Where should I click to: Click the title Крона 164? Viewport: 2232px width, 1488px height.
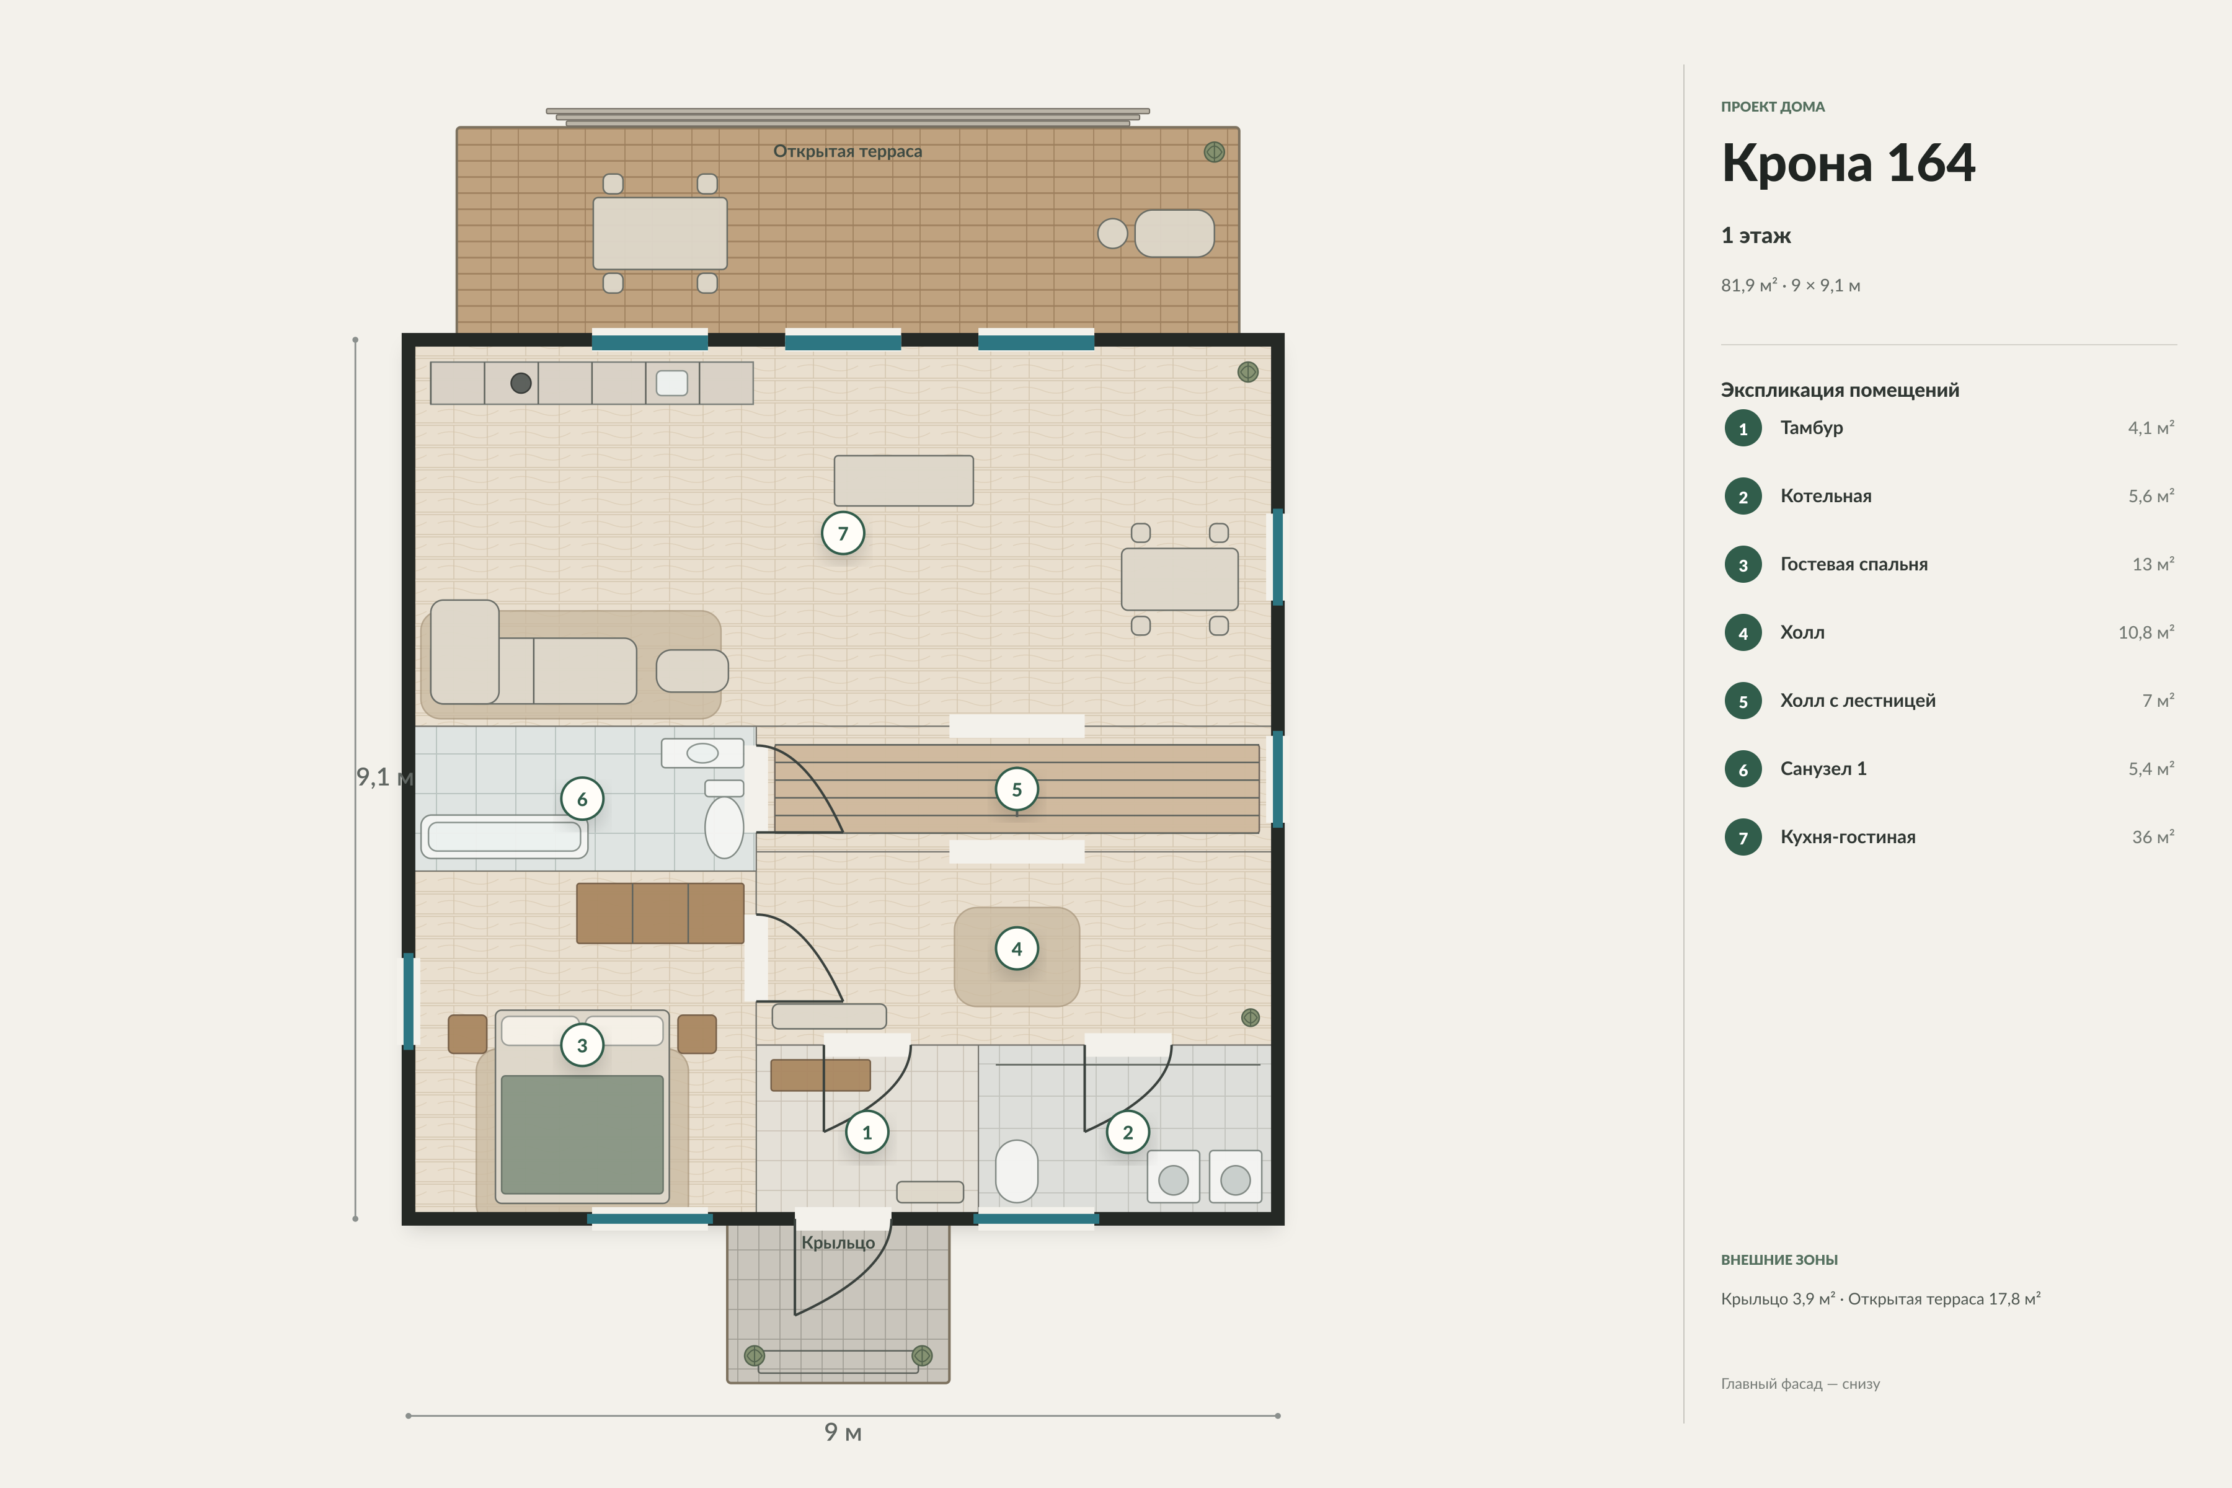point(1848,162)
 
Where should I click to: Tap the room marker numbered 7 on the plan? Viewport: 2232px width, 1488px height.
point(843,533)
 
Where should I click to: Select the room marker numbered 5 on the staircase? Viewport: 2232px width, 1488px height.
point(1016,789)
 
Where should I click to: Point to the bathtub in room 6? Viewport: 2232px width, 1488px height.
point(504,836)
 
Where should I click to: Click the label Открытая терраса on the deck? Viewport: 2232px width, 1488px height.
point(848,151)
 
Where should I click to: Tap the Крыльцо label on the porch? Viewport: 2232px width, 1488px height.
point(838,1242)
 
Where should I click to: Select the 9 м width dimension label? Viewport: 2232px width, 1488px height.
point(843,1432)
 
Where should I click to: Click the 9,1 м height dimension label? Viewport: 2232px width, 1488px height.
point(384,777)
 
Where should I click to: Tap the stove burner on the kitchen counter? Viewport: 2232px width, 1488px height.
point(521,383)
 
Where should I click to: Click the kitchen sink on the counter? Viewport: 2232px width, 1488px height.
point(672,383)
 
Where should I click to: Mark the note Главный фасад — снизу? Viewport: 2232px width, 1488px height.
point(1800,1384)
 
